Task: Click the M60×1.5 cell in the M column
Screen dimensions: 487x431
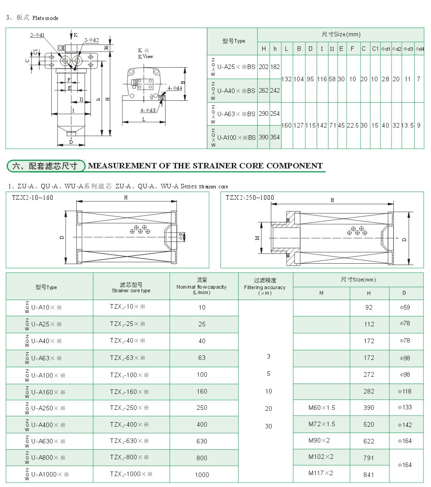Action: click(x=322, y=408)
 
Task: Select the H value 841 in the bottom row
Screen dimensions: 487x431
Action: click(x=369, y=474)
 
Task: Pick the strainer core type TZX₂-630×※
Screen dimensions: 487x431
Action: click(x=129, y=441)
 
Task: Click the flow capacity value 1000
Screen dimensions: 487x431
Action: click(x=202, y=474)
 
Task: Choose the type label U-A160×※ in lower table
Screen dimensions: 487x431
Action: click(x=48, y=391)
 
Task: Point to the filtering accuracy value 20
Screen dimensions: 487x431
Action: click(x=269, y=408)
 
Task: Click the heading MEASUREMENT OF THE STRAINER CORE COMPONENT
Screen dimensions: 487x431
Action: click(x=205, y=166)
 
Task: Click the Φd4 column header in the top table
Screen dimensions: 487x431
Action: click(x=421, y=49)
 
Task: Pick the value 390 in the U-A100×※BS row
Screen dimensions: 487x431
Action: click(x=264, y=137)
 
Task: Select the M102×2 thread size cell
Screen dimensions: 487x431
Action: click(x=321, y=457)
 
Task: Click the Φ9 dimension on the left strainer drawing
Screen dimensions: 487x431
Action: click(x=180, y=235)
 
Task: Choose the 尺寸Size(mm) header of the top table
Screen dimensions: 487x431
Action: click(x=341, y=34)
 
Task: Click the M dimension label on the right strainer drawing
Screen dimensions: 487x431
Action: click(x=257, y=238)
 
